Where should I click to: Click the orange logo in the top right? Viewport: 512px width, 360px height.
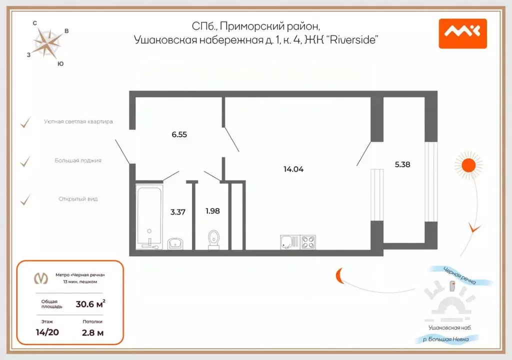pos(462,33)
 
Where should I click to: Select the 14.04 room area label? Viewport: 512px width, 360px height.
pos(293,169)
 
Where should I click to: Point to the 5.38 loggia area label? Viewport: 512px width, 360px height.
pos(402,164)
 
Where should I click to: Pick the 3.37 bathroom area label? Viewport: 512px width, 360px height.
pos(178,211)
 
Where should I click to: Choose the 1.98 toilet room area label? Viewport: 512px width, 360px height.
pos(212,210)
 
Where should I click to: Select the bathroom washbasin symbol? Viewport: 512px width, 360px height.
pos(175,243)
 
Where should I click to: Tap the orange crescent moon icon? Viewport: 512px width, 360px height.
pos(340,275)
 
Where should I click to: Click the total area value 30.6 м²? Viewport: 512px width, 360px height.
pos(90,303)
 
